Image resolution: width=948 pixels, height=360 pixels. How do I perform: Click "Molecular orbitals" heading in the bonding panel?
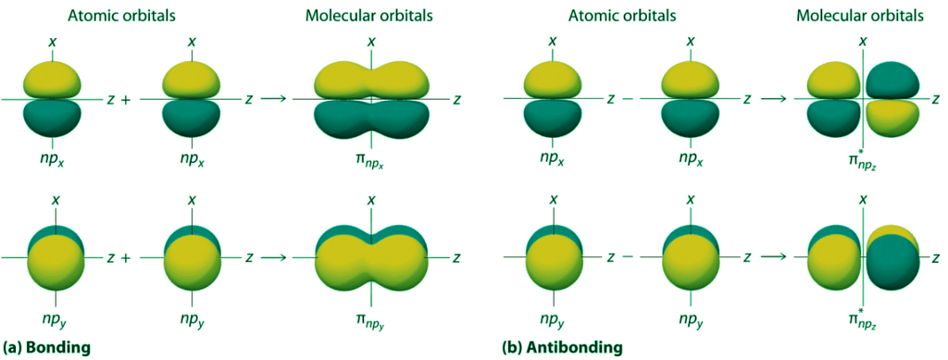370,16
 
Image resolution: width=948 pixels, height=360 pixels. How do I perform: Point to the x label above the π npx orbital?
371,42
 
